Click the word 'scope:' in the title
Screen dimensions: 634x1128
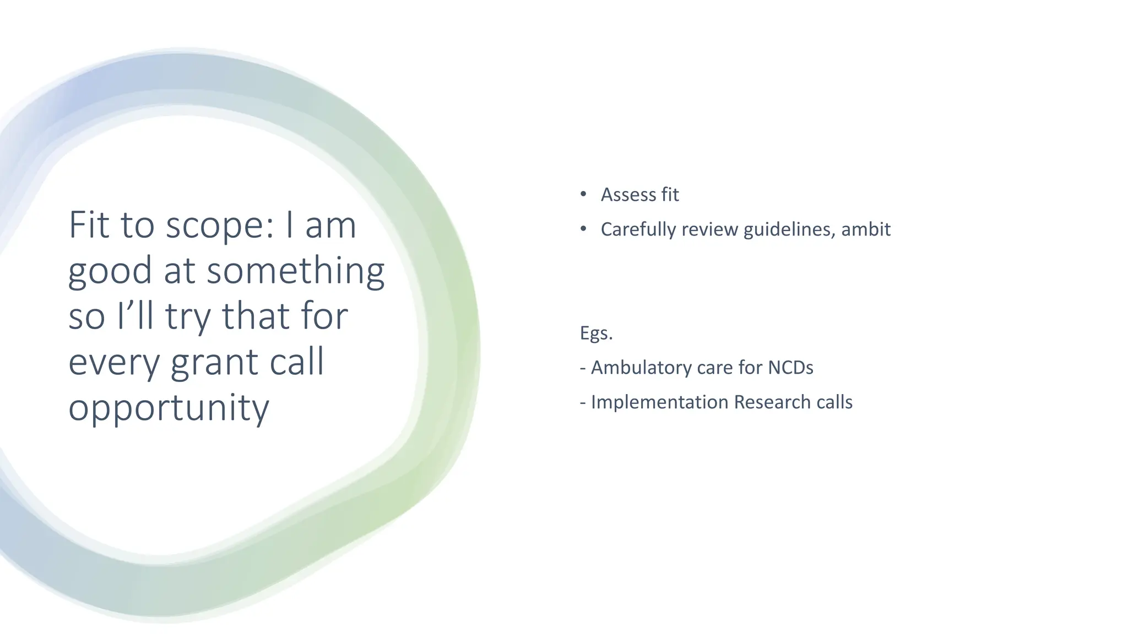[x=220, y=226]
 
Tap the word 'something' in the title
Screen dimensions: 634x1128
[x=295, y=271]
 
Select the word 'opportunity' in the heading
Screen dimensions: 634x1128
[x=169, y=408]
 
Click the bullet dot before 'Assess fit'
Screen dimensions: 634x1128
[x=583, y=194]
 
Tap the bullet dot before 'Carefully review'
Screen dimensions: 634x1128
[x=583, y=229]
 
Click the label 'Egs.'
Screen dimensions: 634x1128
[x=596, y=333]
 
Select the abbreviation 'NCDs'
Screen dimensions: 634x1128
[x=790, y=368]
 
